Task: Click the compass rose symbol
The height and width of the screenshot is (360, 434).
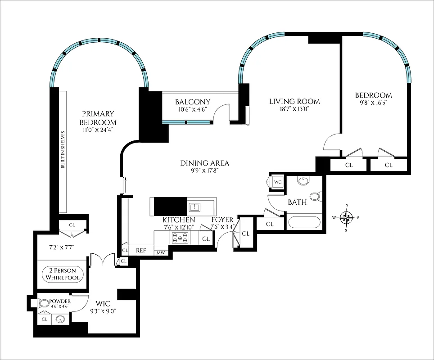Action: (347, 218)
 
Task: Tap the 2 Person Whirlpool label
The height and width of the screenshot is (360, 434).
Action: (63, 274)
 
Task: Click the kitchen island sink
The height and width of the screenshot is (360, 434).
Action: (194, 207)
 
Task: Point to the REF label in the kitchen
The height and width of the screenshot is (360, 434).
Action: (141, 251)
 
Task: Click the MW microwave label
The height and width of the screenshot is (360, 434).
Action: (161, 253)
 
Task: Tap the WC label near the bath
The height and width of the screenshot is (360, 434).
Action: (278, 182)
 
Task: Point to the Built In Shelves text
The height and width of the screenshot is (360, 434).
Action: (63, 150)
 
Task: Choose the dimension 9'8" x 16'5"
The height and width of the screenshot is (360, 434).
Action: (373, 103)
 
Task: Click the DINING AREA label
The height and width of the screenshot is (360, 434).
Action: (204, 163)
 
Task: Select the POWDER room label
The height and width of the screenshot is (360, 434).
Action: (59, 301)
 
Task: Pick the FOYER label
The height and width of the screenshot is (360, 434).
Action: (222, 220)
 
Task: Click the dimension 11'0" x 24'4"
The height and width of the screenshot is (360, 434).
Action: (98, 130)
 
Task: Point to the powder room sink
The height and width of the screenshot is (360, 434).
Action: (61, 319)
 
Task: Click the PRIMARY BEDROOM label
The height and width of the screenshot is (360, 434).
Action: (98, 118)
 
